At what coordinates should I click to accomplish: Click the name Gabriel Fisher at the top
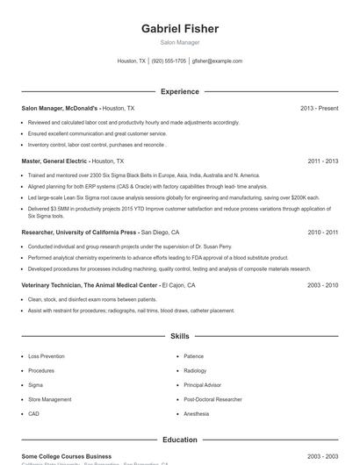click(x=180, y=29)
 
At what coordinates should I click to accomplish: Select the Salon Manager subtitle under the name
click(x=180, y=42)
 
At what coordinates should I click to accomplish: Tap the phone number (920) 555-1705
click(x=169, y=61)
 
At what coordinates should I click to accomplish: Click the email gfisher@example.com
click(x=218, y=61)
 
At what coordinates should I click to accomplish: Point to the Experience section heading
click(x=180, y=91)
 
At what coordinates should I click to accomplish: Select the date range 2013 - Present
click(x=319, y=108)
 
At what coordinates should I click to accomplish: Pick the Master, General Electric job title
click(x=56, y=161)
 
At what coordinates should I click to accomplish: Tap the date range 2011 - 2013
click(x=323, y=161)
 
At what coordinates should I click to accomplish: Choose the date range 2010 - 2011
click(x=323, y=232)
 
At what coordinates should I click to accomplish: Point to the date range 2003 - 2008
click(x=323, y=285)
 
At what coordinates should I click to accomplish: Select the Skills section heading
click(x=180, y=336)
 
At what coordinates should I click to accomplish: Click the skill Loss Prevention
click(x=47, y=357)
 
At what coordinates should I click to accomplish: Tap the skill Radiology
click(x=195, y=371)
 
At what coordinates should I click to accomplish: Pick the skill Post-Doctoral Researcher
click(x=212, y=399)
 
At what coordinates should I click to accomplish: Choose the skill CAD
click(x=34, y=413)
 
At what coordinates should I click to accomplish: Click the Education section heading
click(x=180, y=440)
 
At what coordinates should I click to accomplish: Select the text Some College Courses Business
click(x=67, y=456)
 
